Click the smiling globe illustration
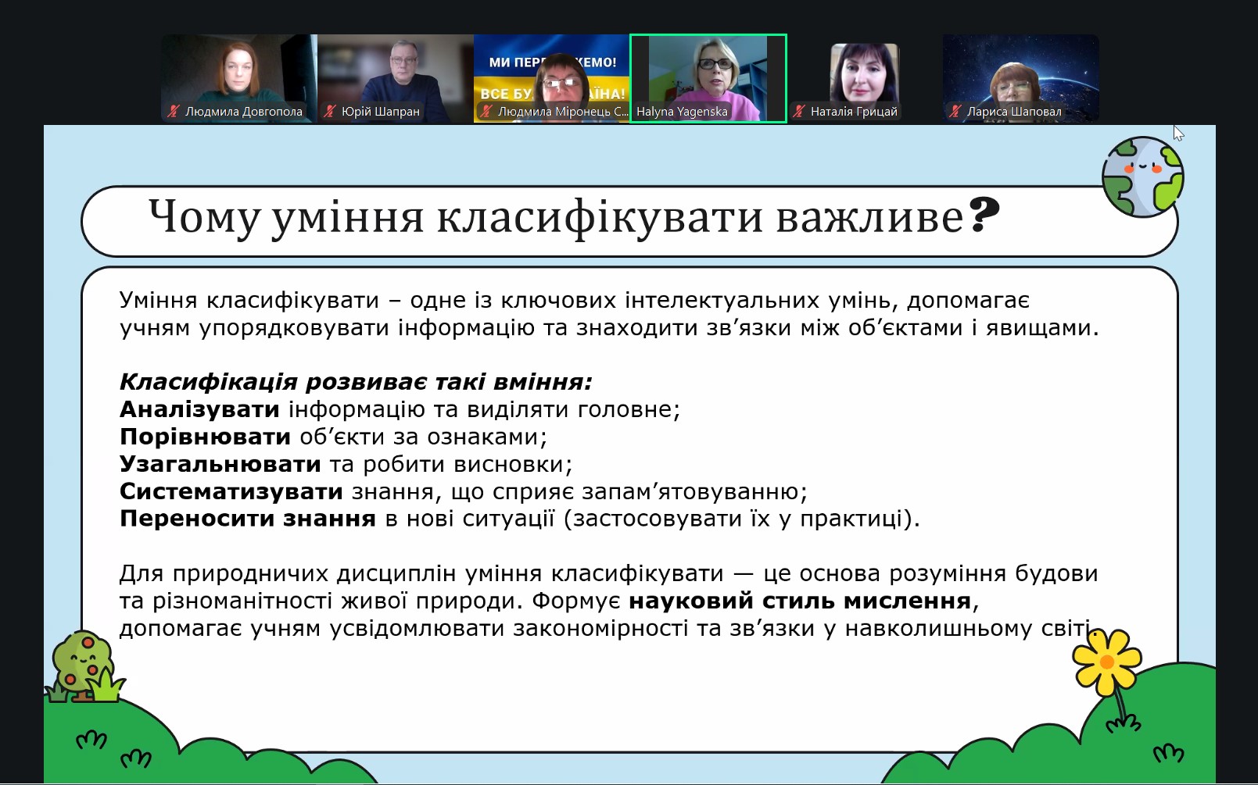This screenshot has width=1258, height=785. pyautogui.click(x=1143, y=177)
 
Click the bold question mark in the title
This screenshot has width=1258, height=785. pyautogui.click(x=984, y=215)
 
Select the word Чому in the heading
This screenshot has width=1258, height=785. pyautogui.click(x=204, y=217)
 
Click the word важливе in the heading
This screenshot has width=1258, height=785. pyautogui.click(x=870, y=217)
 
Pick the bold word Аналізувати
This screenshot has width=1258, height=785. pyautogui.click(x=199, y=409)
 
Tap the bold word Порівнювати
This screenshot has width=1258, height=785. pyautogui.click(x=205, y=437)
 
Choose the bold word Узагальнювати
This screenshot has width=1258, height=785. pyautogui.click(x=220, y=464)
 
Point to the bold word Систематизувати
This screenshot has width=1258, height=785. pyautogui.click(x=231, y=491)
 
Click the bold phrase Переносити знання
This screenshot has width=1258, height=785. pyautogui.click(x=248, y=519)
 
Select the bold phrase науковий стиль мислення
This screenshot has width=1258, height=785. pyautogui.click(x=801, y=601)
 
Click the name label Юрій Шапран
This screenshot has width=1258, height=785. pyautogui.click(x=381, y=112)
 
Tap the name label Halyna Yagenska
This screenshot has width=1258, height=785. pyautogui.click(x=682, y=112)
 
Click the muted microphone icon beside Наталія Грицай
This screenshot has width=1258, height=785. pyautogui.click(x=798, y=112)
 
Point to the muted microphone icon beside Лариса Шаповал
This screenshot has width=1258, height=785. pyautogui.click(x=955, y=112)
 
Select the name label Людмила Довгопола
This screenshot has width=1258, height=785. pyautogui.click(x=244, y=112)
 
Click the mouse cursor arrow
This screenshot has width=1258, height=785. pyautogui.click(x=1178, y=133)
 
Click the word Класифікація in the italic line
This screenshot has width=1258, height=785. pyautogui.click(x=208, y=382)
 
